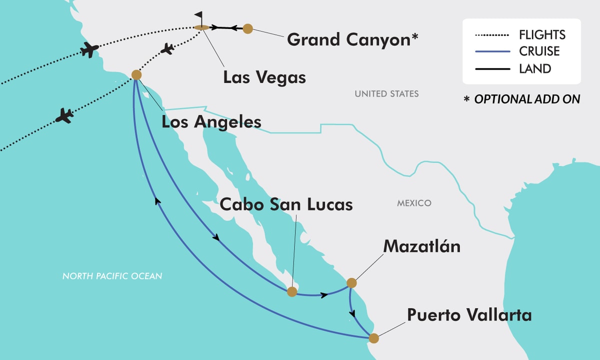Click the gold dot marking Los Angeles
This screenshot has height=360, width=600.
[136, 74]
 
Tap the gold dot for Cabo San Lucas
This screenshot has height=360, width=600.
[292, 291]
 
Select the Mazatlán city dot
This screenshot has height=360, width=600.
[351, 283]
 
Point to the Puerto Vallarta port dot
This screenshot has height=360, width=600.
[373, 338]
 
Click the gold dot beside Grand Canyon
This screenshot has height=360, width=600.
[247, 28]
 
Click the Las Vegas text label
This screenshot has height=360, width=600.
[264, 77]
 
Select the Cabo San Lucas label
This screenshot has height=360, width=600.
[286, 204]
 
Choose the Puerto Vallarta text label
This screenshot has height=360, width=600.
[469, 315]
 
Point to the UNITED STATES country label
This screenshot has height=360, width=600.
[386, 93]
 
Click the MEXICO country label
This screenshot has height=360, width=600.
[414, 203]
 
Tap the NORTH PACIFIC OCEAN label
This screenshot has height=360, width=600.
[112, 276]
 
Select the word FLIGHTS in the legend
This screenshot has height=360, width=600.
[542, 35]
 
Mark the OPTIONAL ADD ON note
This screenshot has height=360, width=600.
[522, 99]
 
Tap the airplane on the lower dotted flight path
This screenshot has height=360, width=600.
[64, 115]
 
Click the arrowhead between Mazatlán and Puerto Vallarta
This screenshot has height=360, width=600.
[354, 314]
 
